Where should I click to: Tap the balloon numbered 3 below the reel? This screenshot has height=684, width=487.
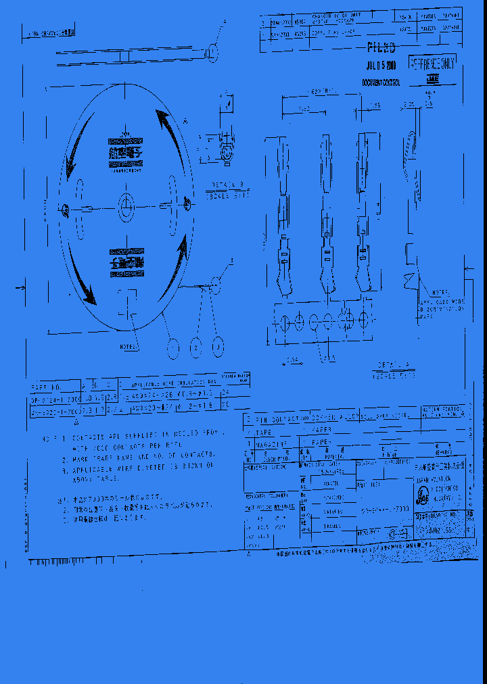pos(217,347)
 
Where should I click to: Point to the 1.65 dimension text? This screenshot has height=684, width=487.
pos(374,106)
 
